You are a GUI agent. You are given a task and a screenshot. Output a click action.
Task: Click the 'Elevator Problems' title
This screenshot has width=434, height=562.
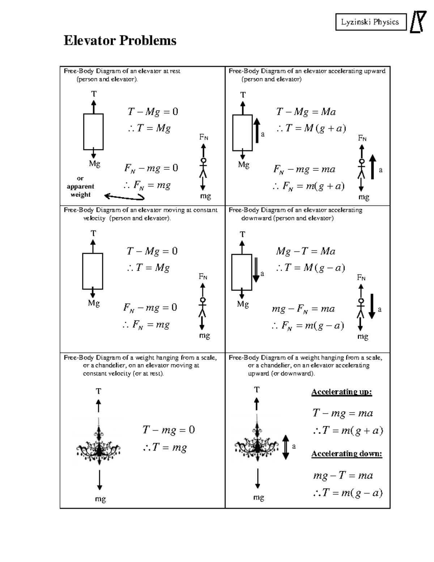click(120, 41)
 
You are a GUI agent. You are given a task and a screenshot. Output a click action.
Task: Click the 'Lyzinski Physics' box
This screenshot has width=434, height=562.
click(370, 22)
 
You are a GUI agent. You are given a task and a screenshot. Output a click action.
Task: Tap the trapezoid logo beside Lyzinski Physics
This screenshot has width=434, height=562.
click(418, 22)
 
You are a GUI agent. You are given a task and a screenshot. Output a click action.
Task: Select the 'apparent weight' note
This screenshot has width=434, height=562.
click(80, 187)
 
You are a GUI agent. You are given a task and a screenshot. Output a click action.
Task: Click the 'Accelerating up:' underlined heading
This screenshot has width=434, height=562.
click(341, 392)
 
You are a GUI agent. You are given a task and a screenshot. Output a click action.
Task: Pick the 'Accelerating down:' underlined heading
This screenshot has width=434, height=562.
click(346, 454)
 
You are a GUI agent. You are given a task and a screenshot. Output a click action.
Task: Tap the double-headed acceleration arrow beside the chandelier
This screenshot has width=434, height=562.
click(286, 447)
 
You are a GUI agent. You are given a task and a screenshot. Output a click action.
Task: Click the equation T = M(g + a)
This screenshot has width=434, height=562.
click(311, 128)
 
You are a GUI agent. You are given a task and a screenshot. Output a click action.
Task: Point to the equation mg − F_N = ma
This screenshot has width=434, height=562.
click(303, 309)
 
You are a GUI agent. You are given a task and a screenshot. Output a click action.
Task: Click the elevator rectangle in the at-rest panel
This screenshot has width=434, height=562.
click(93, 132)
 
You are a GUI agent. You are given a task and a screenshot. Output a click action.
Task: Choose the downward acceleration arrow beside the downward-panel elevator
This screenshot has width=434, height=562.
click(256, 270)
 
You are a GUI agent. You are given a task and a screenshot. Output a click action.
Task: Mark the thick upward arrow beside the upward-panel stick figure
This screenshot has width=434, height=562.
click(373, 167)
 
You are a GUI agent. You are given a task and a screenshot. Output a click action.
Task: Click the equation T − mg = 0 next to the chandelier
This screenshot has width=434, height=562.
click(169, 430)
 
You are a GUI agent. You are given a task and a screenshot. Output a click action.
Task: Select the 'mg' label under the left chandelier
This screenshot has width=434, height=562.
click(100, 499)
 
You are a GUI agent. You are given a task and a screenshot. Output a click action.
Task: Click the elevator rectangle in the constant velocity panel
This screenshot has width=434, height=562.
click(93, 271)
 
